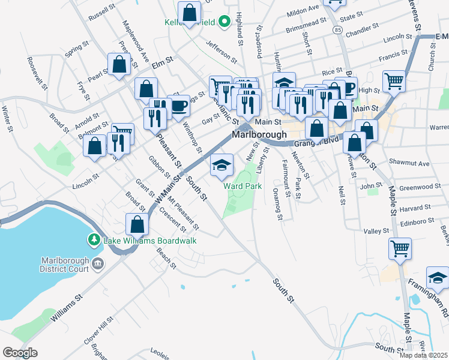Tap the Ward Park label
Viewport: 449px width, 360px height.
pos(243,186)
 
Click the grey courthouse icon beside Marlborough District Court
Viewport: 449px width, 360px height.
pos(98,263)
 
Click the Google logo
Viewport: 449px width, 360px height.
pos(20,353)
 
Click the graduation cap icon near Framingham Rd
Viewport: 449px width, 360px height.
pos(438,278)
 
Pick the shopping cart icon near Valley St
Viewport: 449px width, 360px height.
pos(400,247)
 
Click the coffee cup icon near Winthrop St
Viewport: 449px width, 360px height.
pos(179,105)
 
